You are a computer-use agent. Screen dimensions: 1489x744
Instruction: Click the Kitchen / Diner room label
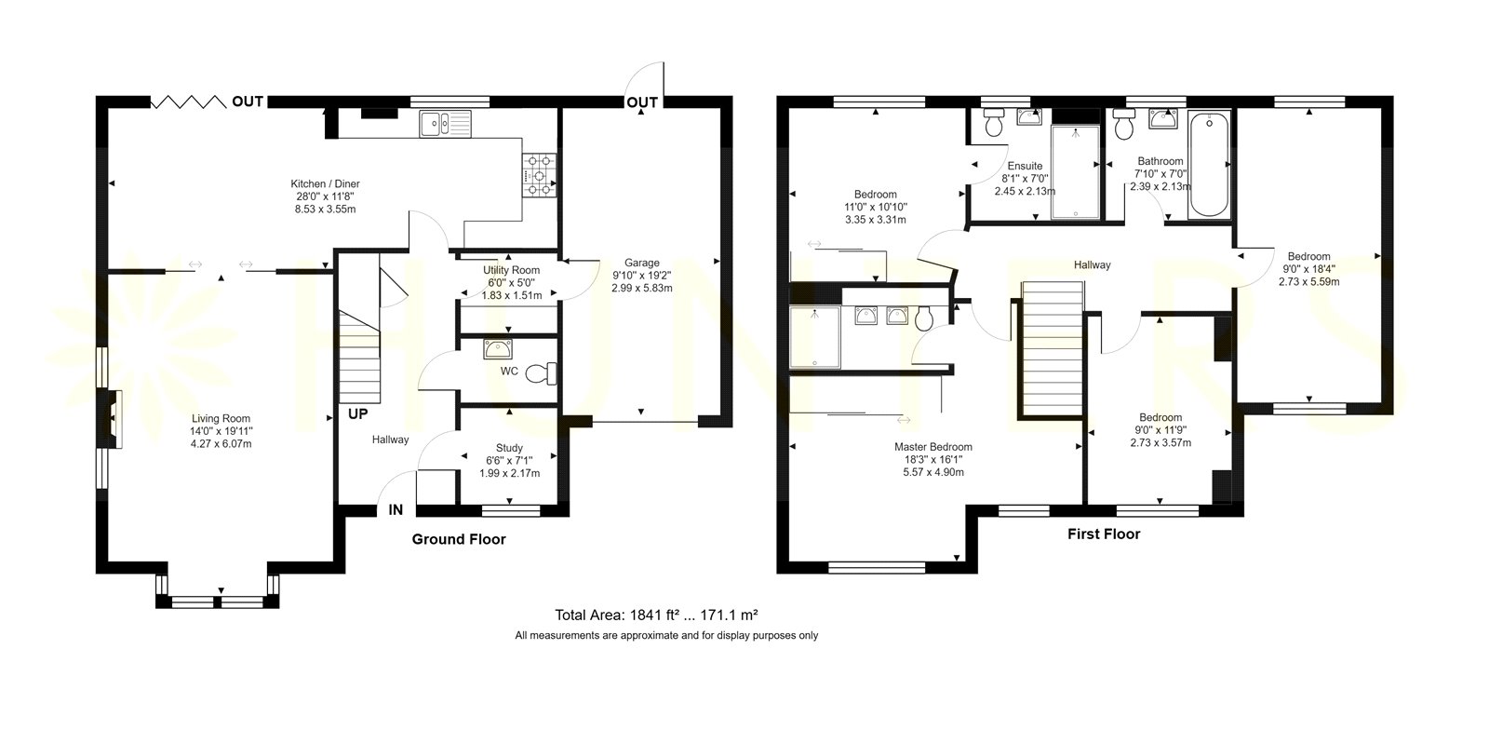(x=325, y=183)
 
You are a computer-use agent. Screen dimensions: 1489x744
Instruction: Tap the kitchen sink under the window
(x=446, y=124)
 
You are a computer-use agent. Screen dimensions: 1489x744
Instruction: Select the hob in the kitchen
(x=539, y=176)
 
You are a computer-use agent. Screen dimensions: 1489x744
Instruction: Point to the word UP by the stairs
(x=357, y=414)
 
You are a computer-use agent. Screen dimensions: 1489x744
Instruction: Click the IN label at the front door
(x=396, y=510)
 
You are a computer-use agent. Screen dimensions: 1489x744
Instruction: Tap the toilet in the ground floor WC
(x=542, y=373)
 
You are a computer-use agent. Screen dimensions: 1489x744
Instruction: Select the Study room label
(x=509, y=448)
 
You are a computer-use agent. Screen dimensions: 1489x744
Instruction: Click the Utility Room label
(x=511, y=270)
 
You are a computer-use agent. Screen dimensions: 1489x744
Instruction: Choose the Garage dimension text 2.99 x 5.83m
(x=642, y=288)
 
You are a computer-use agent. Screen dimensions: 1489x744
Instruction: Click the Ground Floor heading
(x=459, y=539)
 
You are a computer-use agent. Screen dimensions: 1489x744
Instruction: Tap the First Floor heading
(x=1104, y=534)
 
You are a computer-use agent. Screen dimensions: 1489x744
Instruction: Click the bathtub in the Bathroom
(x=1209, y=165)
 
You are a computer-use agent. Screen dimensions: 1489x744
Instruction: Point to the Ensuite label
(x=1025, y=167)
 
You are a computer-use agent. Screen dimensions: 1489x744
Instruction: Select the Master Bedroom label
(x=933, y=447)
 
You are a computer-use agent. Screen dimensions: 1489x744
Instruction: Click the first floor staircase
(x=1053, y=350)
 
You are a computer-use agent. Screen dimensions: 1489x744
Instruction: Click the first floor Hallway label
(x=1093, y=264)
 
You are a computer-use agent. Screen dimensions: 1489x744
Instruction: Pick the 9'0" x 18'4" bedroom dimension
(x=1308, y=269)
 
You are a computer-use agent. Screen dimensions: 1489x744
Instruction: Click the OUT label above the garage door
(x=642, y=102)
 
